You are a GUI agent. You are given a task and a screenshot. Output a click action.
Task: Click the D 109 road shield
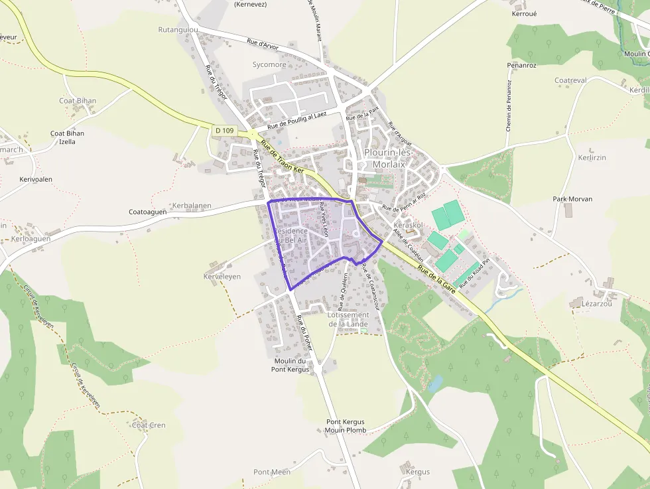(x=225, y=131)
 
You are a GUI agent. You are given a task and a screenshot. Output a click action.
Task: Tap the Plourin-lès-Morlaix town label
(x=389, y=158)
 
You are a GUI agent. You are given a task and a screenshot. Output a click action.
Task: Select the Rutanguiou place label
(x=178, y=30)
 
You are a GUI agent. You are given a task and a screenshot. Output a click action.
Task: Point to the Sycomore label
(x=269, y=65)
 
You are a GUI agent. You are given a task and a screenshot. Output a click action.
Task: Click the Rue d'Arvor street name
(x=263, y=45)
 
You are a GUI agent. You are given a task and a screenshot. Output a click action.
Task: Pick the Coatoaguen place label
(x=147, y=212)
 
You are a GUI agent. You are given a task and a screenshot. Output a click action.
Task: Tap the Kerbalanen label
(x=192, y=206)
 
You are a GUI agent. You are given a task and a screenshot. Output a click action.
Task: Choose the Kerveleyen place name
(x=222, y=276)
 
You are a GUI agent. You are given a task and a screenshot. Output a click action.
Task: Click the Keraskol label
(x=409, y=226)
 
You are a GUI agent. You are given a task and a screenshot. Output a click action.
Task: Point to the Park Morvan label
(x=572, y=199)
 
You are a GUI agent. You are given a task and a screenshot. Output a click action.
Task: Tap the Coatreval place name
(x=570, y=80)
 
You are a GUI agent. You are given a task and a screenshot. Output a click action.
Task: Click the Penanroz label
(x=521, y=66)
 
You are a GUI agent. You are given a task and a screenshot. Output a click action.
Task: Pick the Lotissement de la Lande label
(x=348, y=319)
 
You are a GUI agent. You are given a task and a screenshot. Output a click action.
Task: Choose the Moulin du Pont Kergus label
(x=291, y=365)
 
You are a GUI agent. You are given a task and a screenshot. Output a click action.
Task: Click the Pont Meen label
(x=272, y=472)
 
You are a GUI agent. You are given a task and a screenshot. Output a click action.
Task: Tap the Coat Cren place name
(x=149, y=425)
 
